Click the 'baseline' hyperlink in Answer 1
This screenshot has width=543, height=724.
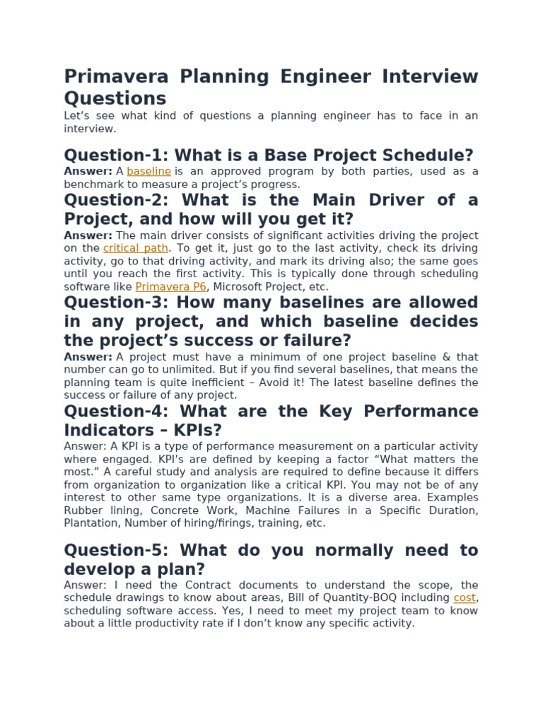[x=148, y=171]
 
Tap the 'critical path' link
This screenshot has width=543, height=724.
[x=136, y=248]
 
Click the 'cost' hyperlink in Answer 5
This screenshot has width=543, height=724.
[x=464, y=597]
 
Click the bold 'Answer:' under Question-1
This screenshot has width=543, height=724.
[x=88, y=171]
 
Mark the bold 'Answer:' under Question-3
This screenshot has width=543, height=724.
[x=88, y=357]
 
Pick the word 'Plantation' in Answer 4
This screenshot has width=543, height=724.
[x=88, y=523]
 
